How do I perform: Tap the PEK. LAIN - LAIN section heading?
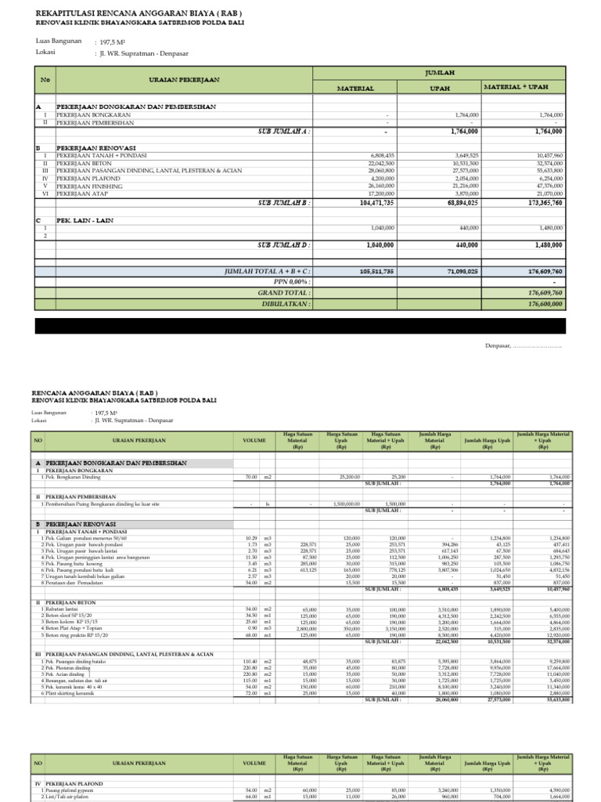pos(85,221)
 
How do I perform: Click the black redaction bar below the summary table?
pos(300,326)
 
